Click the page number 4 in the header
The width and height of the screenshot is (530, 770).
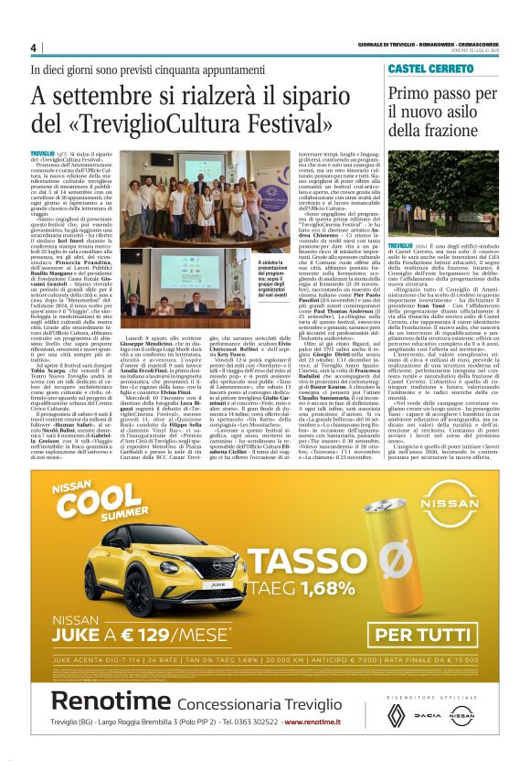pos(34,48)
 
